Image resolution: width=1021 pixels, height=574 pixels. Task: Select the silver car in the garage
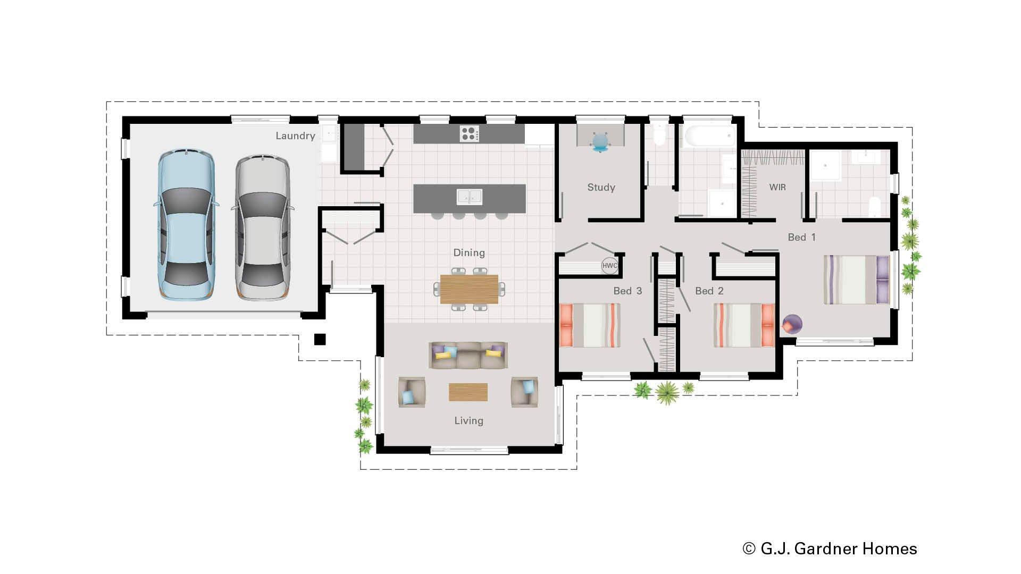click(263, 227)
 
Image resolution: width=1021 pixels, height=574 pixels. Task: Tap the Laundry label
click(295, 136)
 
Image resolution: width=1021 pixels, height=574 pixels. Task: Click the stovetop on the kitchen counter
click(469, 133)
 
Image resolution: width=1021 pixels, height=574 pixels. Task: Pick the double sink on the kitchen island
click(470, 197)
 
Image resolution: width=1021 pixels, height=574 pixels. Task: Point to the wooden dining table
click(469, 289)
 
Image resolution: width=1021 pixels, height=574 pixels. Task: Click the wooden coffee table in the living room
click(468, 392)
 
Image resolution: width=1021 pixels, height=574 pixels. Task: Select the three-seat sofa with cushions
click(468, 355)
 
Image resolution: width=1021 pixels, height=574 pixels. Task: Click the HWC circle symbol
click(609, 266)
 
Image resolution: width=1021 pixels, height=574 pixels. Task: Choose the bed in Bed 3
click(590, 325)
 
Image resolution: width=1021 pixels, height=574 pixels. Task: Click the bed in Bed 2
click(743, 325)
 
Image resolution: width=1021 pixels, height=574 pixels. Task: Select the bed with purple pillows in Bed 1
click(856, 280)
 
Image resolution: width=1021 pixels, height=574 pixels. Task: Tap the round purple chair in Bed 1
click(792, 324)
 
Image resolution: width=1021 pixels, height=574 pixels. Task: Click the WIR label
click(777, 187)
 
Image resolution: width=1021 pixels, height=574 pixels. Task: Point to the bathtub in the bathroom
click(709, 137)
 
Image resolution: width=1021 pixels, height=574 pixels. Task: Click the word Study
click(601, 187)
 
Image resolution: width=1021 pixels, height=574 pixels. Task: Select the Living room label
click(468, 421)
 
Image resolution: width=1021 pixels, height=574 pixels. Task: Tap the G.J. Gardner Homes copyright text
click(830, 548)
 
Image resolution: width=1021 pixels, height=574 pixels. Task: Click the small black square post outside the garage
click(320, 340)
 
